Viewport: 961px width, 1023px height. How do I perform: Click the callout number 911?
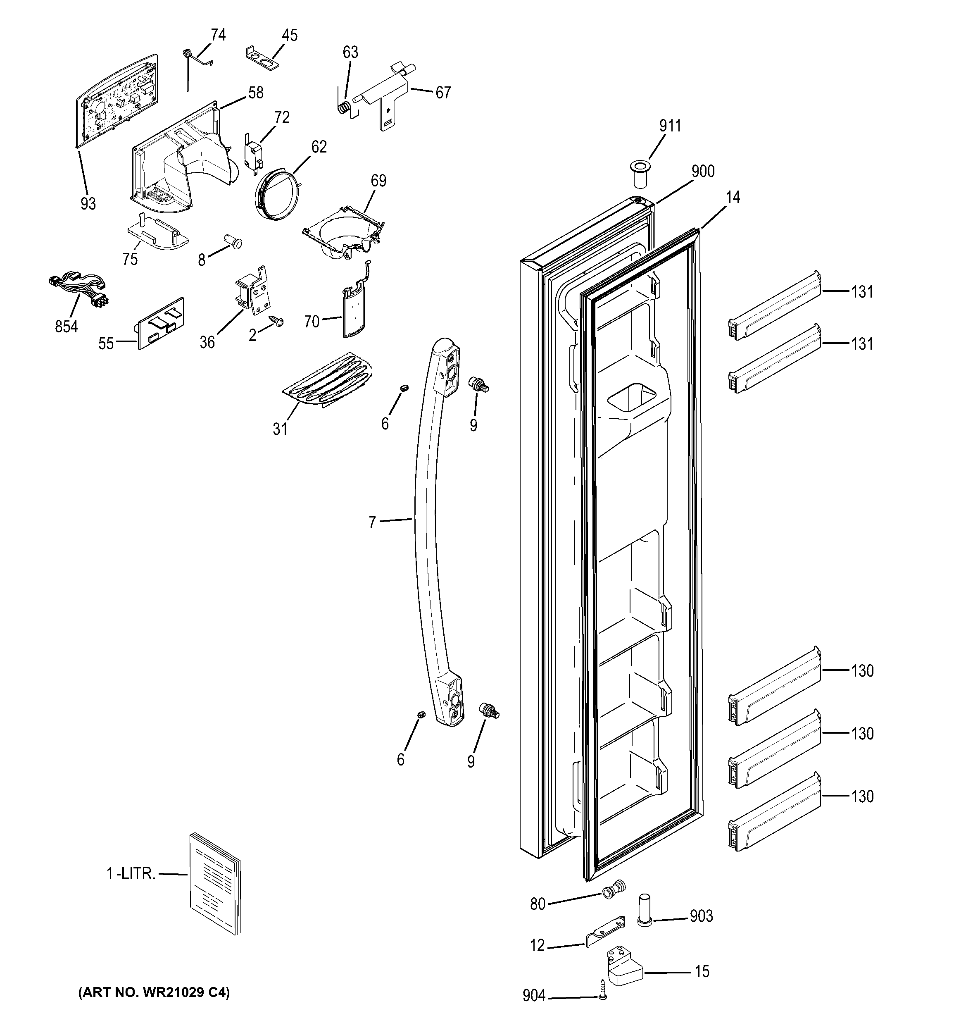(x=670, y=126)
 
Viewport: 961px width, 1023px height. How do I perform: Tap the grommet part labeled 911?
(x=640, y=174)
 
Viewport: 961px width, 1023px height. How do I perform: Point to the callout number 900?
(x=703, y=171)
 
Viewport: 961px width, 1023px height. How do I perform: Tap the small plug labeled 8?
(x=235, y=241)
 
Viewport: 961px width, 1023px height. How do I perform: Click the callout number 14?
(x=733, y=197)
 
